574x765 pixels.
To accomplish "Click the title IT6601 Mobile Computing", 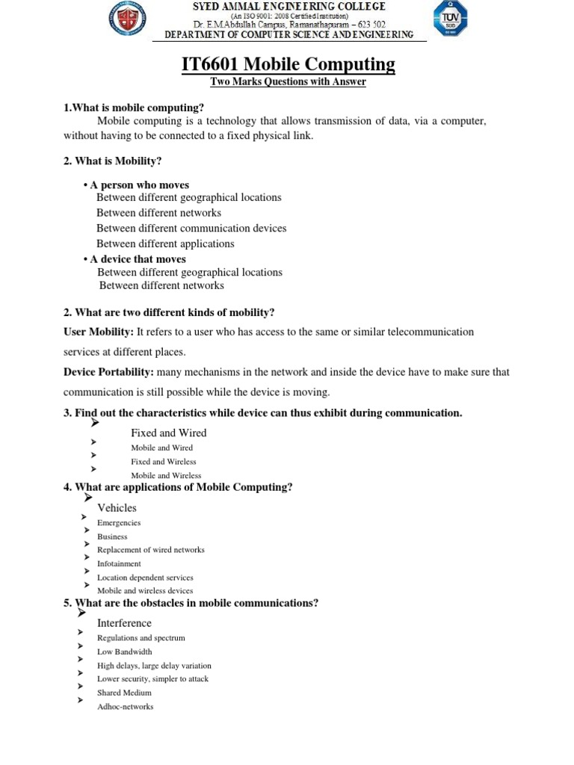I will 288,65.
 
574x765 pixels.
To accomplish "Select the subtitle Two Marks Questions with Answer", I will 288,82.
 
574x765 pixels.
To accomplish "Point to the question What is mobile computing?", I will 134,108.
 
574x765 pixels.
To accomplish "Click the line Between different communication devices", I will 191,229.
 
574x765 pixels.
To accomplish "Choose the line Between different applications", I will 165,244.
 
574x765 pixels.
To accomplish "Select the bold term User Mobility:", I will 99,331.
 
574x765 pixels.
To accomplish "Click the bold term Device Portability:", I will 109,371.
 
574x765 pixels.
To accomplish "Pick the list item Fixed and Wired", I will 168,433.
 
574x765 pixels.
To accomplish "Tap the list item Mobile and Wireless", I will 166,475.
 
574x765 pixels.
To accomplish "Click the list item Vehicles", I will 117,508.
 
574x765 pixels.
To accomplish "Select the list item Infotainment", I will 119,564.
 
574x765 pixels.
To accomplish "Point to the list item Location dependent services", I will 145,577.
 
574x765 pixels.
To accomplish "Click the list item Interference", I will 124,623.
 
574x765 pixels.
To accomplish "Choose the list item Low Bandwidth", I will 124,651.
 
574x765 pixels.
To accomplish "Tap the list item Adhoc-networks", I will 125,707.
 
